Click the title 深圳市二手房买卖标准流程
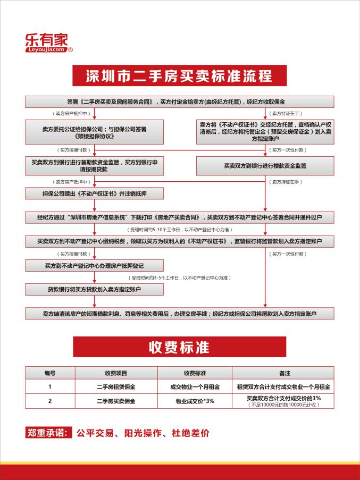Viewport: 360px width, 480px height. (179, 75)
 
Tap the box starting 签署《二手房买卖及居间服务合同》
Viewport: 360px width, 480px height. (179, 102)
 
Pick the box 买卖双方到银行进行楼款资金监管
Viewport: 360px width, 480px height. (265, 166)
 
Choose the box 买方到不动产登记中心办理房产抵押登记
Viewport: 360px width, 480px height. (94, 265)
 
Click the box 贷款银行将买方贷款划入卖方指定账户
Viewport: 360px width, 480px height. (94, 290)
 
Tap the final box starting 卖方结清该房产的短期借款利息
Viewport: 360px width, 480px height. (179, 314)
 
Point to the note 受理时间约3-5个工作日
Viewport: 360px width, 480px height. (179, 278)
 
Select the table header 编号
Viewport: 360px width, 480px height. (49, 373)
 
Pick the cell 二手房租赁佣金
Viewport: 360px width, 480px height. (115, 386)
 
